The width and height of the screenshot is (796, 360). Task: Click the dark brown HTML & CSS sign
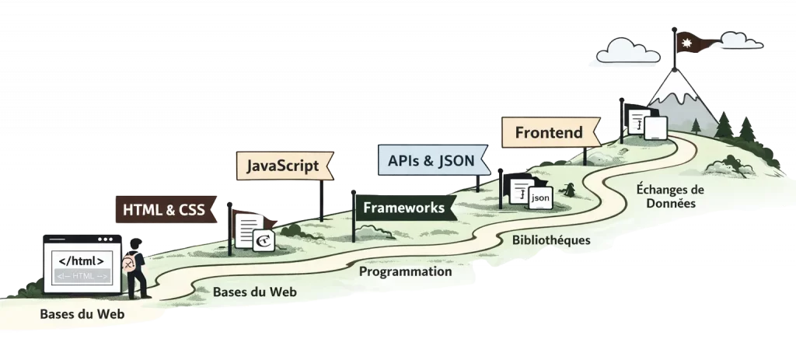coord(164,209)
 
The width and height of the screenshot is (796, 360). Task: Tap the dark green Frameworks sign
coord(403,208)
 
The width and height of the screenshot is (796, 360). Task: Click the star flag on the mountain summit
coord(690,40)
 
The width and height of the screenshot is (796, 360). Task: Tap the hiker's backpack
coord(129,264)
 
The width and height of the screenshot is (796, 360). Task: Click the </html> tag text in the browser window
coord(81,260)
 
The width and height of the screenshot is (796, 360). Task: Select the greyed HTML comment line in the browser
coord(81,275)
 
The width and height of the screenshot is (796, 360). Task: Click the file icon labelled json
coord(539,198)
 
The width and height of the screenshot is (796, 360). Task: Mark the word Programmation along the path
coord(404,272)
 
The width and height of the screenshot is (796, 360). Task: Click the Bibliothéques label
coord(550,239)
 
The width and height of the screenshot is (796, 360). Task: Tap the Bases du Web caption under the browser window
coord(82,315)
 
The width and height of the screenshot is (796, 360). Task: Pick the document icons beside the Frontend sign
coord(647,123)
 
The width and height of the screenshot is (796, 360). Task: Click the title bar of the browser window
coord(82,239)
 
